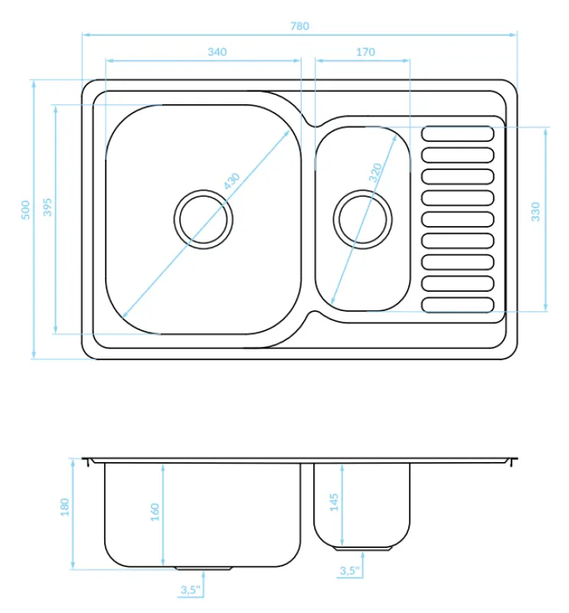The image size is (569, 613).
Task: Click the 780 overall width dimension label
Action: point(299,25)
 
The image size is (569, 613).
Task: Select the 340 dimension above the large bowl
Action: point(217,52)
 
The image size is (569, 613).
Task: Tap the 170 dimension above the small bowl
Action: point(365,52)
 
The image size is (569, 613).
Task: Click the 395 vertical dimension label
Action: point(47,208)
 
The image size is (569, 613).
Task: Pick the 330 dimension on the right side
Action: point(535,211)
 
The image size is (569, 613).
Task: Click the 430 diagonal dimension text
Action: point(231,182)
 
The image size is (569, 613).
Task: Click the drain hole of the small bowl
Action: point(362,219)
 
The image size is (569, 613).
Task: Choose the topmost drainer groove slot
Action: point(457,133)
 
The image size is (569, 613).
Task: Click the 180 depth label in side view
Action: point(64,507)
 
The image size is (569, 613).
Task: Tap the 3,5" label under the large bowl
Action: point(190,590)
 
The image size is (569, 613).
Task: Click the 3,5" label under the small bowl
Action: point(349,571)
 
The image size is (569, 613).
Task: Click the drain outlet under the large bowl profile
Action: point(204,569)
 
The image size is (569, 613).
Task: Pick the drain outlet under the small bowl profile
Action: point(362,549)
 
